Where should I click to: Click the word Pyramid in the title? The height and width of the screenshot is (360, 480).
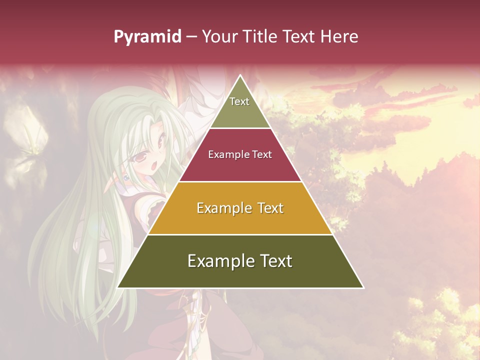147,37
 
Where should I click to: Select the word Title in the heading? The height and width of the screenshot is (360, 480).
262,37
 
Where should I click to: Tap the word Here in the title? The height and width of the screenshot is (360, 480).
339,37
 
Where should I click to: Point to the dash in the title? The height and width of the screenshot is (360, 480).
191,37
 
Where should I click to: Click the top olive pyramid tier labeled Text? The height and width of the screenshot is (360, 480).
240,107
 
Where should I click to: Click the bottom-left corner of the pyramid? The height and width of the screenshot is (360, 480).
118,287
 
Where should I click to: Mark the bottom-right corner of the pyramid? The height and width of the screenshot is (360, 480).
363,287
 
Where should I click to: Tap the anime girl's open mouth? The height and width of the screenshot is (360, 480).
155,165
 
